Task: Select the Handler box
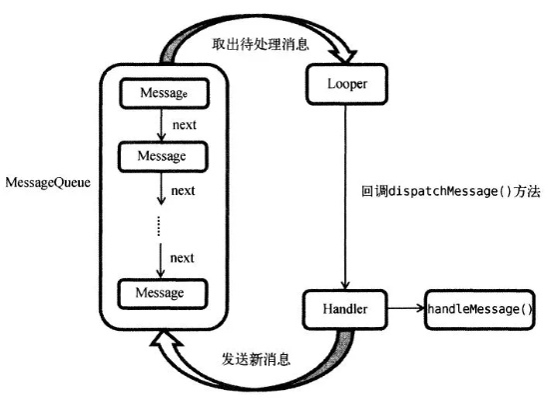(344, 309)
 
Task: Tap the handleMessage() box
(480, 309)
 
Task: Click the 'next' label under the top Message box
(183, 125)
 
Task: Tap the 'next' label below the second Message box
(183, 190)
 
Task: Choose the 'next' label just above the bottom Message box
(183, 257)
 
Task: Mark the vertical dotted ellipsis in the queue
(160, 225)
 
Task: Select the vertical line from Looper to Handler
(344, 190)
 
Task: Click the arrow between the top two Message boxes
(161, 125)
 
